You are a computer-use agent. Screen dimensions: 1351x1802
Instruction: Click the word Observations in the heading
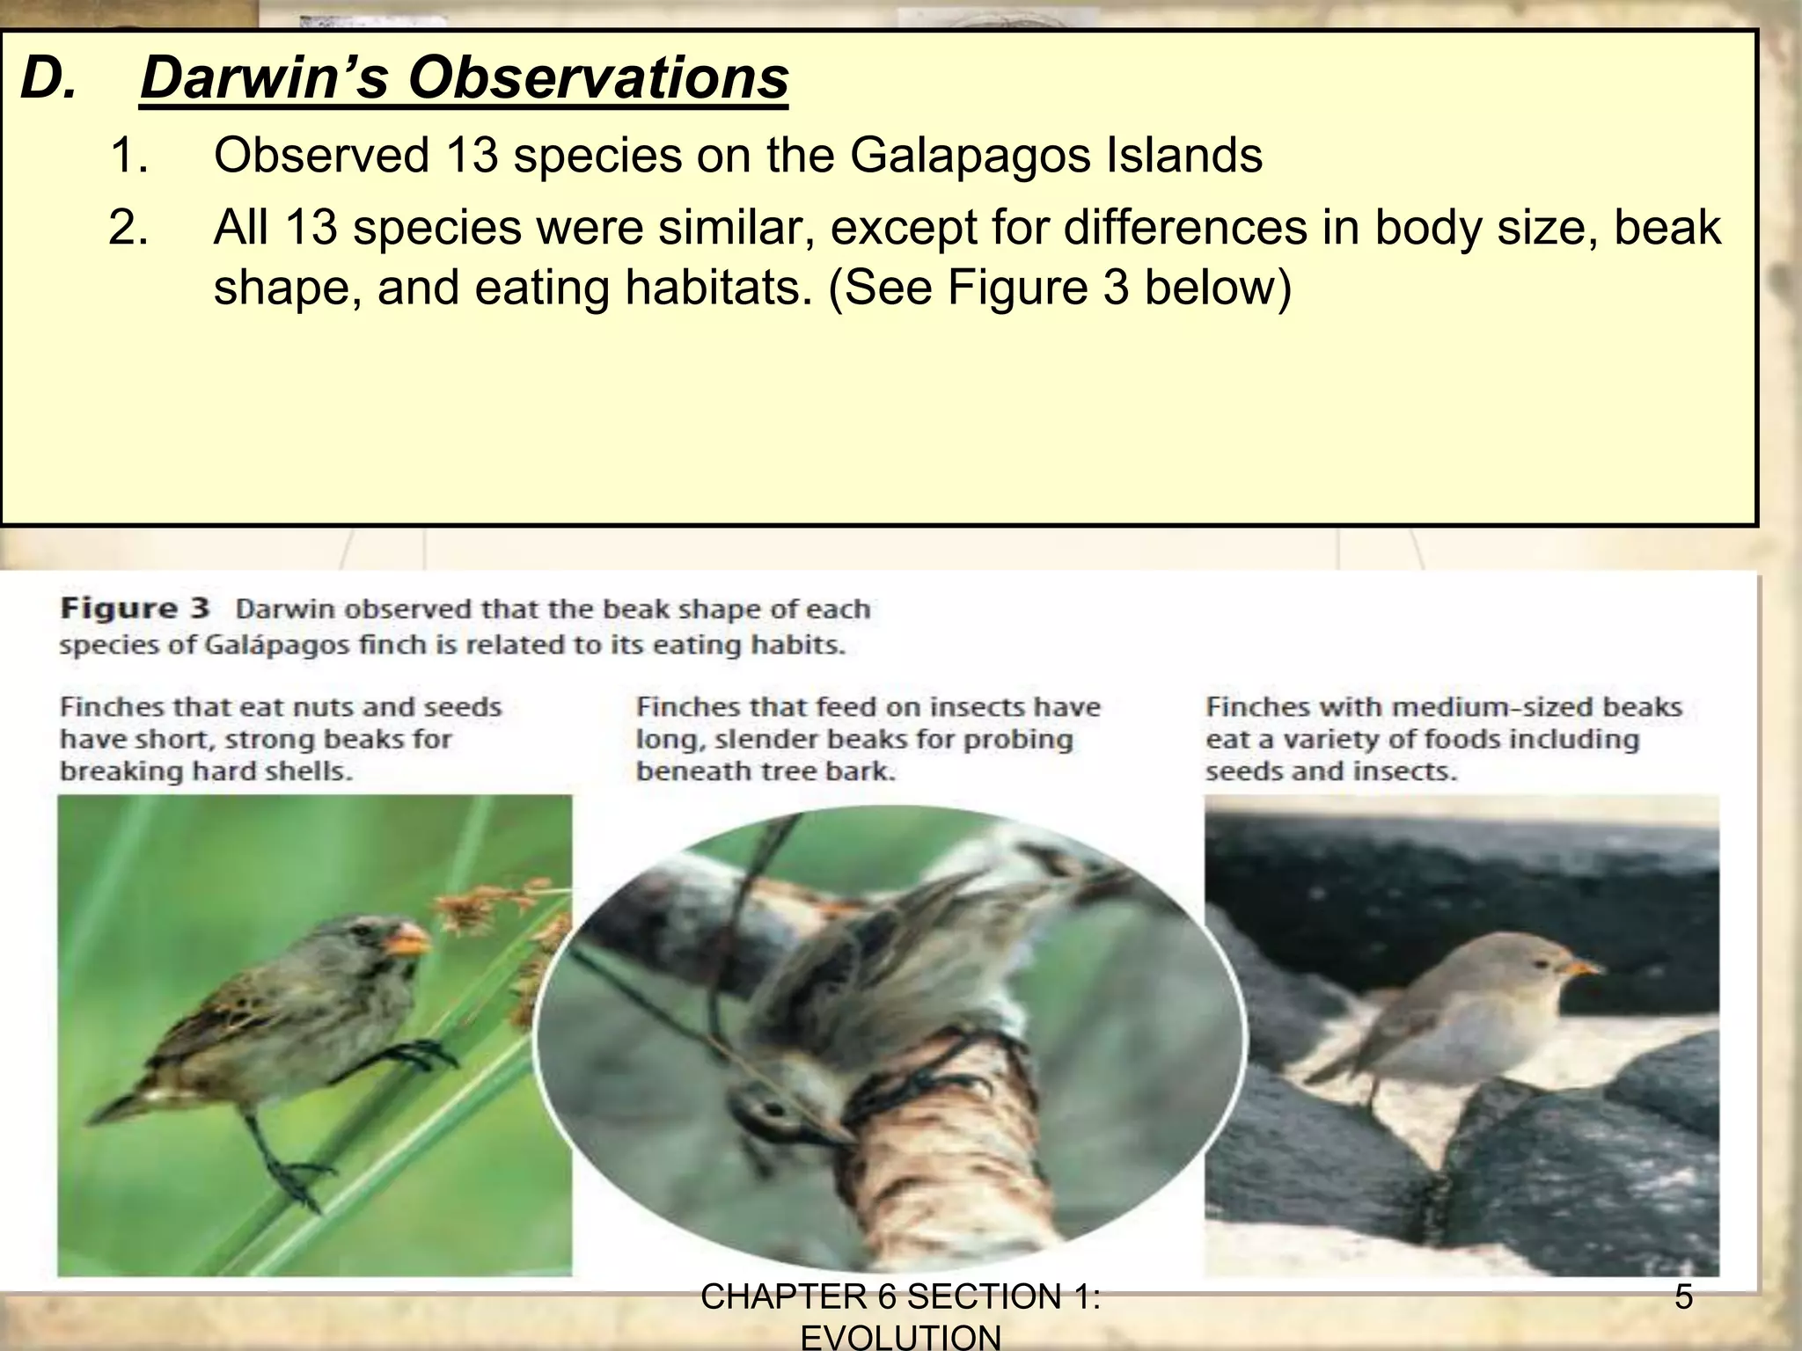coord(597,77)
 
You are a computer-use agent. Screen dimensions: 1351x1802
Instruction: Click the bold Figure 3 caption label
coord(135,609)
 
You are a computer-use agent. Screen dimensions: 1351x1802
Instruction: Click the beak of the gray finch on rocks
coord(1579,968)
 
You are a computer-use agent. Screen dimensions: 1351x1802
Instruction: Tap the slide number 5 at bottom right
coord(1683,1297)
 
